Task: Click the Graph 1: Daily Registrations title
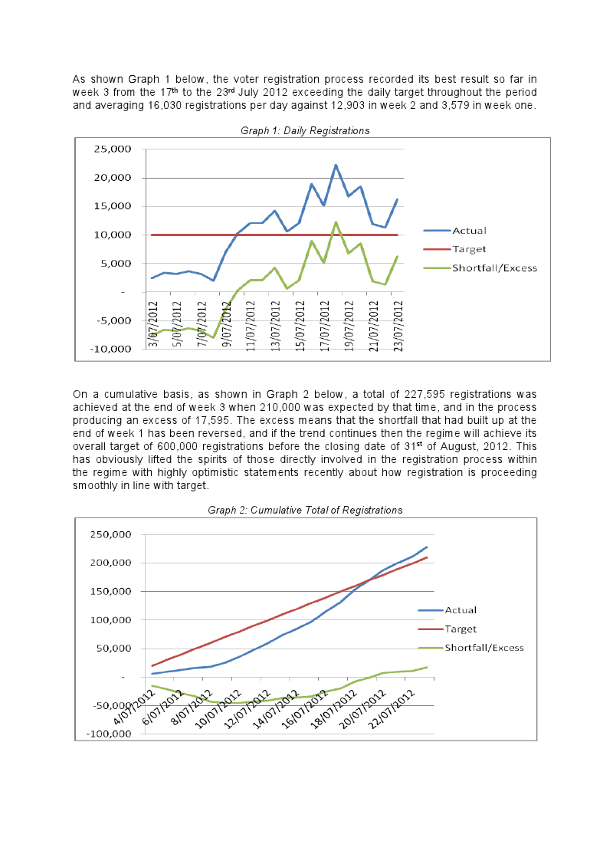click(305, 131)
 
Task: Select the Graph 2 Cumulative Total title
click(305, 510)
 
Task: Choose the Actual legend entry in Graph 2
click(461, 610)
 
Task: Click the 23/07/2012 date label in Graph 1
click(398, 323)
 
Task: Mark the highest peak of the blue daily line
click(336, 165)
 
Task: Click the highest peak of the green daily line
click(336, 222)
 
